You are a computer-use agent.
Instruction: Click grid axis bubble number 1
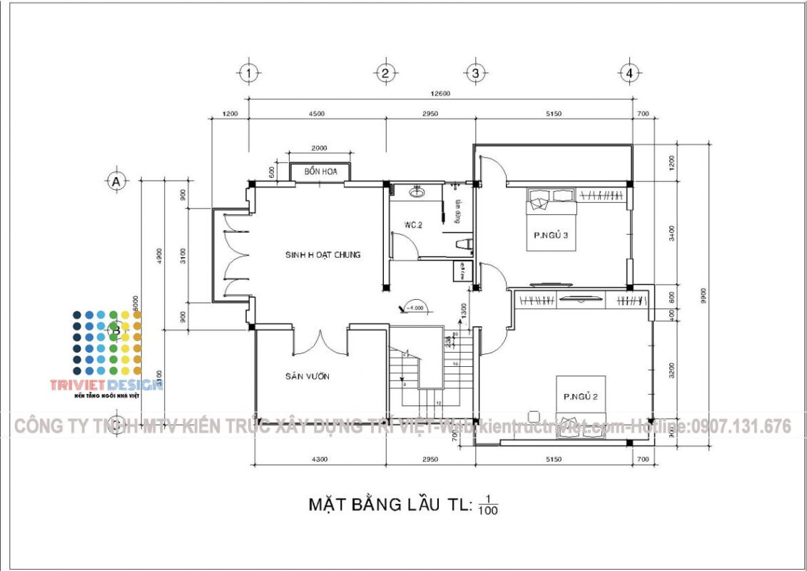tap(248, 73)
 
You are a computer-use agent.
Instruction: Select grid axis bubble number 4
tap(629, 73)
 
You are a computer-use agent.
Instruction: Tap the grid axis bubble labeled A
tap(116, 182)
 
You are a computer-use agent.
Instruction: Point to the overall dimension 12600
tap(439, 94)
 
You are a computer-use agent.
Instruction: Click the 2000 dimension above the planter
tap(319, 148)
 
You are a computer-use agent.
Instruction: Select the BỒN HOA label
tap(320, 172)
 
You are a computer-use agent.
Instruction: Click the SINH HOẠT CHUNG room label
tap(323, 255)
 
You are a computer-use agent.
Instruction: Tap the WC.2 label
tap(414, 226)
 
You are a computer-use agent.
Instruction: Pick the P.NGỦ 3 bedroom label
tap(551, 236)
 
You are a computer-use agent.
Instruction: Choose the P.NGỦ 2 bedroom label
tap(581, 397)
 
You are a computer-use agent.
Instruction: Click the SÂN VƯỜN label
tap(308, 376)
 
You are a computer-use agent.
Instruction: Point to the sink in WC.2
tap(417, 191)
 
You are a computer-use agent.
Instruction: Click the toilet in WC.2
tap(465, 246)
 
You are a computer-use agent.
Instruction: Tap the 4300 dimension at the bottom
tap(320, 460)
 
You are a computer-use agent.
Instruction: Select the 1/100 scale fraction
tap(488, 505)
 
